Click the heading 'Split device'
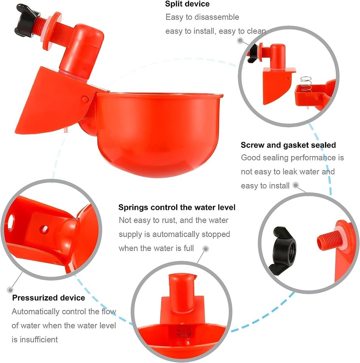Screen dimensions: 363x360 coord(187,5)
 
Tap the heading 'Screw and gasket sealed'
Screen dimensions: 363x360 coord(288,145)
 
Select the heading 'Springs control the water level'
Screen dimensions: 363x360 coord(177,207)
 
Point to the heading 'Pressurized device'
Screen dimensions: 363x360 coord(48,298)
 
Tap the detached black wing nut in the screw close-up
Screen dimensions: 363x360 coord(283,250)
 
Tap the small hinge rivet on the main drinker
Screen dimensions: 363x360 coord(86,99)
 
